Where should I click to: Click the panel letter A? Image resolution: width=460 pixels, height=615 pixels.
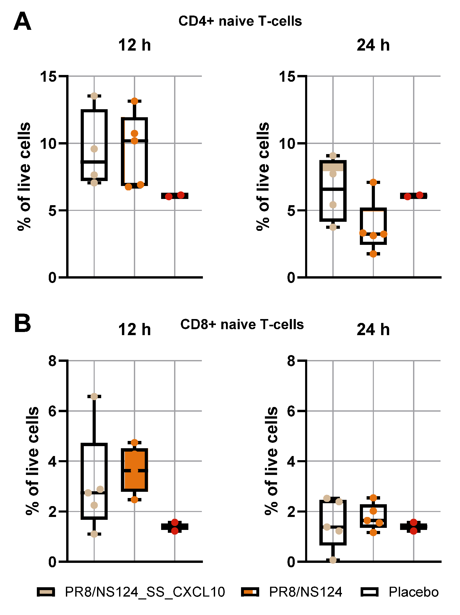click(x=22, y=22)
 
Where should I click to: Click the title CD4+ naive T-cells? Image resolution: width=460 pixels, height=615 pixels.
click(x=240, y=21)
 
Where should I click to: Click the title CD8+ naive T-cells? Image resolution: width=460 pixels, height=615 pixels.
click(x=242, y=324)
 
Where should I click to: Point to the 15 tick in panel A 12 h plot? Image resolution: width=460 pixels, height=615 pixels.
click(x=48, y=77)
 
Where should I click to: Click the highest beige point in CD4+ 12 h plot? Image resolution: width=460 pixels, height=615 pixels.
click(x=94, y=96)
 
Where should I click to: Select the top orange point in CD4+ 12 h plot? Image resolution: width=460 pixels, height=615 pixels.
click(x=134, y=101)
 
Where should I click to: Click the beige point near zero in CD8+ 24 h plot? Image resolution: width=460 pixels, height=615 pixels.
click(x=333, y=560)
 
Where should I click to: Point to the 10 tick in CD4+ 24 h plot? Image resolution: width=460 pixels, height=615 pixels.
click(x=287, y=144)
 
